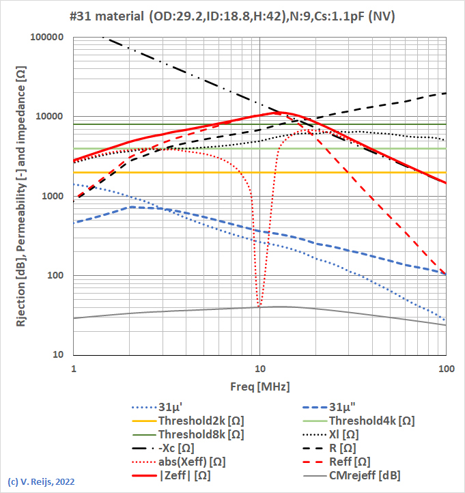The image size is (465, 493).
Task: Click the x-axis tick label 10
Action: (259, 368)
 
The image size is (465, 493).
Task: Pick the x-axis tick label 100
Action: (445, 368)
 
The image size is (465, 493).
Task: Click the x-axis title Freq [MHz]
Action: (259, 386)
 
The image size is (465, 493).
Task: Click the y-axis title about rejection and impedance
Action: (21, 197)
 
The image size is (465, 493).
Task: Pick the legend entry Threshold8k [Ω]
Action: (201, 434)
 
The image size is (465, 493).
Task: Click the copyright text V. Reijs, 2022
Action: (41, 481)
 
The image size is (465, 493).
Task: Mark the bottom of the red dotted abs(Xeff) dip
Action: (259, 307)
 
